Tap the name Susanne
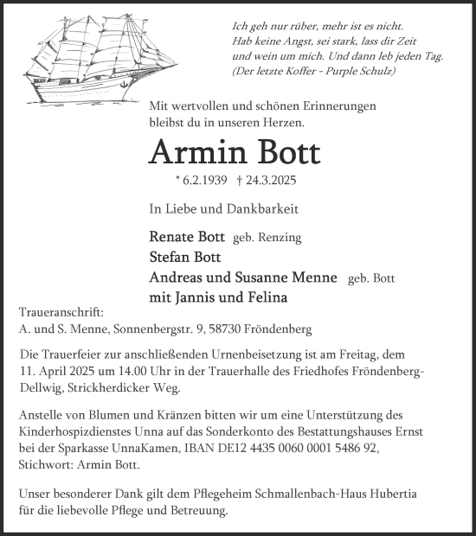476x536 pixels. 267,278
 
